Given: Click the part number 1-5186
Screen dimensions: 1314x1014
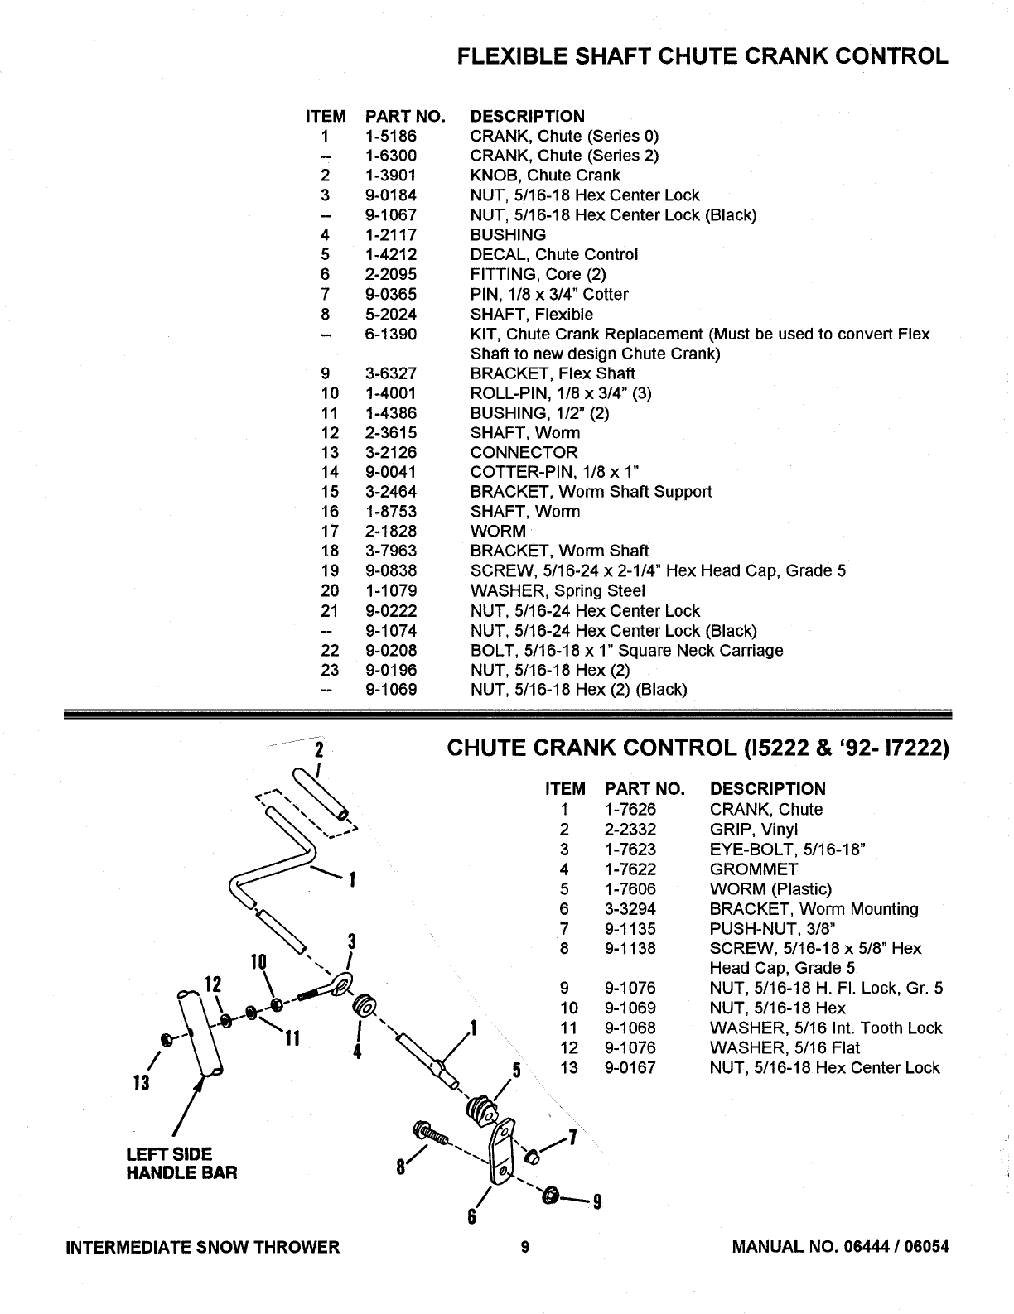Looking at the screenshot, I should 391,136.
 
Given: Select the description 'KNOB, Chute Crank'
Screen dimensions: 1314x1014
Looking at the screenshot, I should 544,176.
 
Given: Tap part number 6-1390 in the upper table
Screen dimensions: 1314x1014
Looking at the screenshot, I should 391,335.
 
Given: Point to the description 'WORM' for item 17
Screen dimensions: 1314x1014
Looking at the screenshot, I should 498,532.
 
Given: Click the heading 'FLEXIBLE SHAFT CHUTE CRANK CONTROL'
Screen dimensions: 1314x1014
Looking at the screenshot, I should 703,56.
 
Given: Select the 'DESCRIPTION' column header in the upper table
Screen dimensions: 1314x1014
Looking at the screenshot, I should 527,116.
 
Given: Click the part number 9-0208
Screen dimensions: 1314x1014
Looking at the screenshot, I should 391,651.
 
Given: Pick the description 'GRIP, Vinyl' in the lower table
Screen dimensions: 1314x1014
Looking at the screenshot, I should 753,830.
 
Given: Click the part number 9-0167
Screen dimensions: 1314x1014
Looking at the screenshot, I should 630,1068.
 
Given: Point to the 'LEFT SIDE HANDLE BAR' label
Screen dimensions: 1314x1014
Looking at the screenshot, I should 181,1163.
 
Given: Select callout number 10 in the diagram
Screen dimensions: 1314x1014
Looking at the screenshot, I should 258,962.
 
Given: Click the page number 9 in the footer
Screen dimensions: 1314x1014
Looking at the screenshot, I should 525,1247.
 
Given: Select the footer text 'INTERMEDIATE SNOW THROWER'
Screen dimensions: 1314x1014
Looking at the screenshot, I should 203,1247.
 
